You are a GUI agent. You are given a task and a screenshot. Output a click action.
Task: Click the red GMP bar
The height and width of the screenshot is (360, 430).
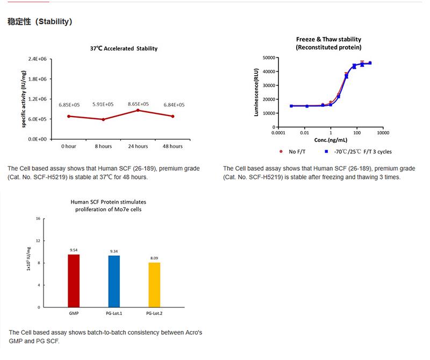coord(74,280)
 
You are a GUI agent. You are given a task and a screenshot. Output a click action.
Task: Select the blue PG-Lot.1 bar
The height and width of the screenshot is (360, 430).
coord(114,281)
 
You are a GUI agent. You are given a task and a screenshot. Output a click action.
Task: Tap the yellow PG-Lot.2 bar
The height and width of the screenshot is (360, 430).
coord(154,285)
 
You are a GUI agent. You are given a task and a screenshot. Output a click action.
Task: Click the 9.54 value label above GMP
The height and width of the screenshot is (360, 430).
coord(74,250)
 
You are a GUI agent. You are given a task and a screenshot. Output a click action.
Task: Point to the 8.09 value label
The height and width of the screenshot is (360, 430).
coord(154,258)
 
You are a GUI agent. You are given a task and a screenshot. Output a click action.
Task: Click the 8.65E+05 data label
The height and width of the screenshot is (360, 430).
coord(138,104)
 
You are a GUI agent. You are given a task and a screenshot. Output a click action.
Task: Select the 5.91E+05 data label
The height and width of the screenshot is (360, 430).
coord(103,104)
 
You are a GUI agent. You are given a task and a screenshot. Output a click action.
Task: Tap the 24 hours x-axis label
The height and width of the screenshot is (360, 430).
coord(138,146)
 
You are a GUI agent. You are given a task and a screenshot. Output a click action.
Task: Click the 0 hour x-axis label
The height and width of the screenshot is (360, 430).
coord(68,146)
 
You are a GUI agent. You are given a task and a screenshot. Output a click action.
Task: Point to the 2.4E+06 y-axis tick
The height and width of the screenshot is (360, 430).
coord(37,59)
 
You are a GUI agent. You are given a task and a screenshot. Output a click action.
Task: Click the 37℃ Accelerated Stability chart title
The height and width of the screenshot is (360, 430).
coord(124,48)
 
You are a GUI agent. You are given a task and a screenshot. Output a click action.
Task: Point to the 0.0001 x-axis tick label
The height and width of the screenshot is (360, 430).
coord(278,132)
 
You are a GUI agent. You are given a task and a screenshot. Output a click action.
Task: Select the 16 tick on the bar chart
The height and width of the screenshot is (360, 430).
coord(38,219)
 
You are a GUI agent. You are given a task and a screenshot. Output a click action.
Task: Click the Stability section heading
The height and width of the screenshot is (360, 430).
coord(40,22)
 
